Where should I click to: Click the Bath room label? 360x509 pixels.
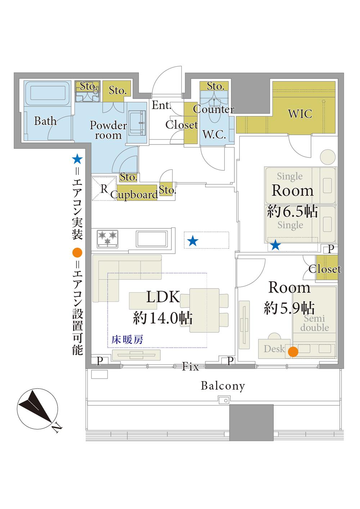coord(45,121)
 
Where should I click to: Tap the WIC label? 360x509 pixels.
coord(300,113)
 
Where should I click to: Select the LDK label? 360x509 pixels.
coord(163,297)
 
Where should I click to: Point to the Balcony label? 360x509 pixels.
coord(223,386)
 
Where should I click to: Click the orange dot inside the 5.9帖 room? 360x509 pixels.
coord(293,352)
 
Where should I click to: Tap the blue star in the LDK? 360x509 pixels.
coord(193,241)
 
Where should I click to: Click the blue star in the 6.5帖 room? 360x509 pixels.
coord(275,245)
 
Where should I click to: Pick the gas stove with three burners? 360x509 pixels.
coord(108,239)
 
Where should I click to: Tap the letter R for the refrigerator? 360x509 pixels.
coord(104,189)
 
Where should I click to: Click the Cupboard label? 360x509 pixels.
coord(134,195)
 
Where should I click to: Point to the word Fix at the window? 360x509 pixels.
coord(190,366)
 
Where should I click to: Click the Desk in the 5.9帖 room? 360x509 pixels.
coord(274,349)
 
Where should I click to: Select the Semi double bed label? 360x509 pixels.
coord(314,323)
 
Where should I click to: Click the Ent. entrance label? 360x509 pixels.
coord(161,105)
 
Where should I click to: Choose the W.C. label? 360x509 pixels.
coord(214,134)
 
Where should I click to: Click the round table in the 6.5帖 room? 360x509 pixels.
coord(328,157)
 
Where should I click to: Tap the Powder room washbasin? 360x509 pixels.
coord(137,123)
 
